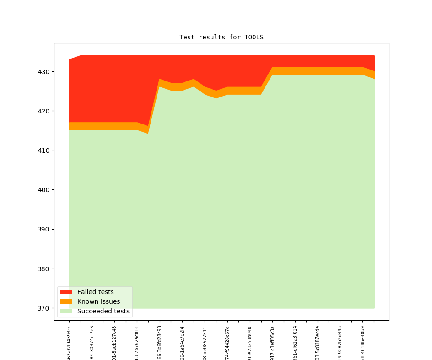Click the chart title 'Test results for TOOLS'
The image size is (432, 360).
point(221,37)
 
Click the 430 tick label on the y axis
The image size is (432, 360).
point(43,72)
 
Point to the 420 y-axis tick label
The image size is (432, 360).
point(43,111)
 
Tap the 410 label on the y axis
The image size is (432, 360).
point(43,150)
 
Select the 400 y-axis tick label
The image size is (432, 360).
point(43,190)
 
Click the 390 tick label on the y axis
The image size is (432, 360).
point(43,229)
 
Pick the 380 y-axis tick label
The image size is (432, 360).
point(43,269)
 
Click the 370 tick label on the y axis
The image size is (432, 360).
point(43,308)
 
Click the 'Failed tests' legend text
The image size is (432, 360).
point(95,292)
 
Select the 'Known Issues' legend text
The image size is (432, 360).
point(98,301)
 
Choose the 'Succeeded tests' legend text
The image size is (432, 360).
point(103,311)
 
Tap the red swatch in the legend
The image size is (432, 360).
point(66,292)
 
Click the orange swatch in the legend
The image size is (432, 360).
point(66,301)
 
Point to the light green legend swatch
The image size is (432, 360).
point(66,311)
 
